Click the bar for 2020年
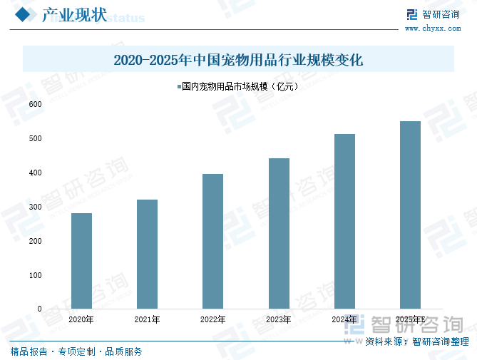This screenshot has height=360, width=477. coord(81,261)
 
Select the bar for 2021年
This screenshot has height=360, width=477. coord(147,254)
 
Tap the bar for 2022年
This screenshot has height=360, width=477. coord(212,241)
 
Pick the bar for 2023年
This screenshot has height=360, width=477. coord(279,233)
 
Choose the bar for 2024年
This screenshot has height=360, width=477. coord(344,221)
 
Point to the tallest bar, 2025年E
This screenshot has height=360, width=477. coord(410,215)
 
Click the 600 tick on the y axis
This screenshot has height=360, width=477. coord(35,104)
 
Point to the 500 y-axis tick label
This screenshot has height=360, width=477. coord(35,138)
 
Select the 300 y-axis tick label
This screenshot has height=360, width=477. coord(35,207)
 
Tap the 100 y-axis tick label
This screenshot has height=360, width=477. coord(35,275)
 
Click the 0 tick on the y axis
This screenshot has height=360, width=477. coord(39,309)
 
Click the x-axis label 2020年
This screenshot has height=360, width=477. coord(81,319)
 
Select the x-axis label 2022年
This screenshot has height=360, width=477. coord(212,319)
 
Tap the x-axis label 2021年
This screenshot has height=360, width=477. coord(147,319)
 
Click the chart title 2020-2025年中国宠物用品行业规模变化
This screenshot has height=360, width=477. coord(238,60)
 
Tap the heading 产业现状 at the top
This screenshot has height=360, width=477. coord(74,16)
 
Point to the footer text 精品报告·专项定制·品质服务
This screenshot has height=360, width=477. coord(76,351)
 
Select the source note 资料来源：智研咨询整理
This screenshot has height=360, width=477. coord(416,342)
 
